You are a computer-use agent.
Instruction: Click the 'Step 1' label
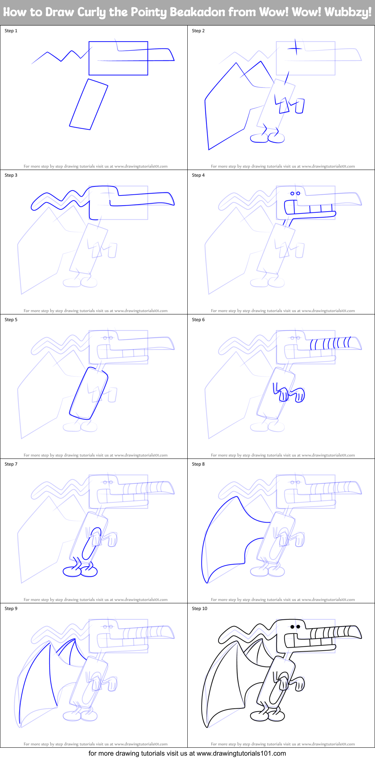coord(11,31)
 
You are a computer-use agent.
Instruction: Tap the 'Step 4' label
coord(198,175)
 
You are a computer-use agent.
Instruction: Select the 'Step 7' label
coord(11,464)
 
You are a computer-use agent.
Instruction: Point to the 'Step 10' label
coord(199,609)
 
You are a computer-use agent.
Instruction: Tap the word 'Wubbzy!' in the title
coord(348,12)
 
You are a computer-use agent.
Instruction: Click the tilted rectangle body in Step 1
coord(89,104)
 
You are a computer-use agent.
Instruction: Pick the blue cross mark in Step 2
coord(295,48)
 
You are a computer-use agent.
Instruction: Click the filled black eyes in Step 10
coord(295,627)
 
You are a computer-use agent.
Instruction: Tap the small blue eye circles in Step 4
coord(295,194)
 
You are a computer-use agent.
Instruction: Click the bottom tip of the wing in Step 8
coord(207,582)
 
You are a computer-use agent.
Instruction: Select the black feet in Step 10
coord(267,716)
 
